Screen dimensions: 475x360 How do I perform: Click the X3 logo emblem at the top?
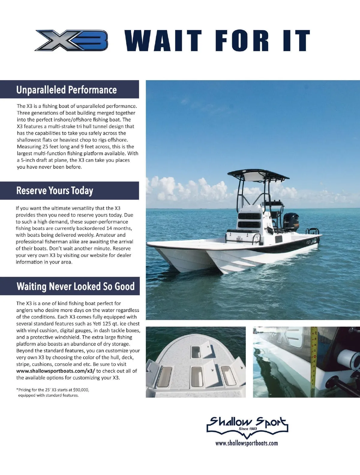[71, 40]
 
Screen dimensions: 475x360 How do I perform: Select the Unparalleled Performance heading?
[66, 90]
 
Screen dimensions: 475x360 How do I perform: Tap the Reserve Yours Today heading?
[55, 191]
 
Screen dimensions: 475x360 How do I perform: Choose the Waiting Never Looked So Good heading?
[75, 286]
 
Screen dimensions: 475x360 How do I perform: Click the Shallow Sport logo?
[247, 424]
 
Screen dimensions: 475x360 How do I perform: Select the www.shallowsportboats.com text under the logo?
[247, 443]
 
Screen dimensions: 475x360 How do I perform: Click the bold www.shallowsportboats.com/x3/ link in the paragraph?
[55, 371]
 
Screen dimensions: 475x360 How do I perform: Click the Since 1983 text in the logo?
[248, 429]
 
